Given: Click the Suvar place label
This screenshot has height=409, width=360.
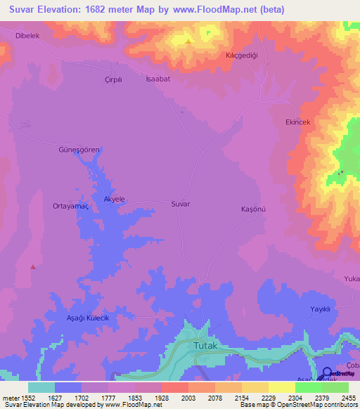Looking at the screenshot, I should coord(181,204).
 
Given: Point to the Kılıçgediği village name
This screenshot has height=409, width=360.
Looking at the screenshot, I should coord(243,55).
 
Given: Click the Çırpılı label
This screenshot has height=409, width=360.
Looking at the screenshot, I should coord(113,79).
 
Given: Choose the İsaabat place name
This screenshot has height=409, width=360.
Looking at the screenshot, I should coord(158,79).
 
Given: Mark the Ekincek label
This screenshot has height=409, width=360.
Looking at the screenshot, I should coord(297,122).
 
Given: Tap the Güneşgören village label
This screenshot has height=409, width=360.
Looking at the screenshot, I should coord(79,150).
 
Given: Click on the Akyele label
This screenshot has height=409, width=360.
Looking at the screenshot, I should coord(114,200).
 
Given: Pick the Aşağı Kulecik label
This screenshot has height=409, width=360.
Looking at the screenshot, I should coord(88,318).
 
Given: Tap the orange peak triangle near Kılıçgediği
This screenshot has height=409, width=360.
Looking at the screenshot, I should coord(188,41).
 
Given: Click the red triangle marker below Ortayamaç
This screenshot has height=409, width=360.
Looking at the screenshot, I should coord(32,266).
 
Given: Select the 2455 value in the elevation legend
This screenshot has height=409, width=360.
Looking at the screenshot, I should coord(349,398).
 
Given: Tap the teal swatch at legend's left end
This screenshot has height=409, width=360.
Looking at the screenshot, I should coord(41,387).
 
